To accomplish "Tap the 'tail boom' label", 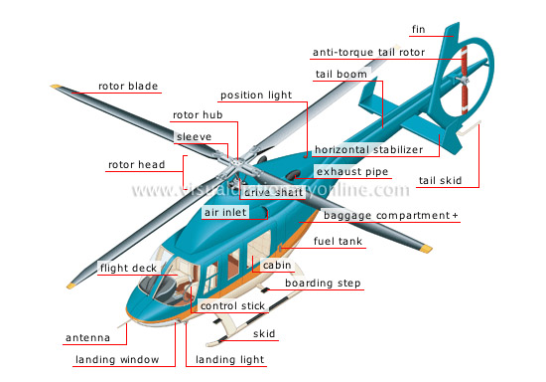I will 341,75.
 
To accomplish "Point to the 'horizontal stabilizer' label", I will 368,150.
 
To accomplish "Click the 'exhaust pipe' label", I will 351,172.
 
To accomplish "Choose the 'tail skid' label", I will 439,181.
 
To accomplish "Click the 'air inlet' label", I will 224,213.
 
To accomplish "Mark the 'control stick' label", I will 233,306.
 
